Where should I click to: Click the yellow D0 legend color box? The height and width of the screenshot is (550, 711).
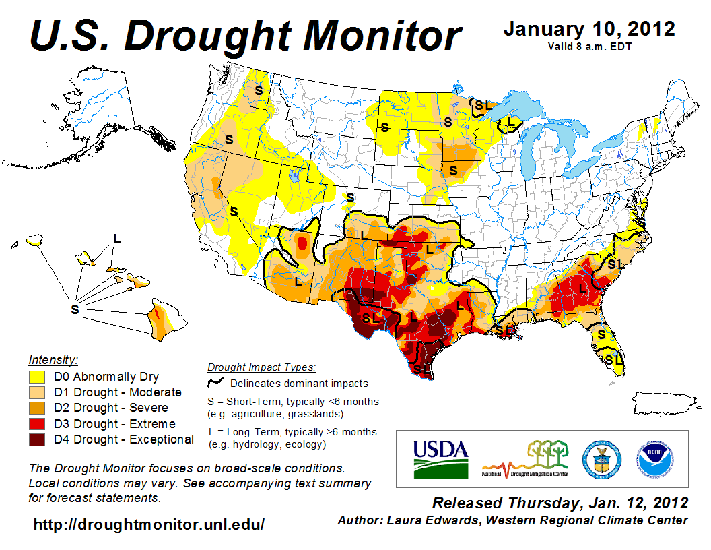(x=37, y=376)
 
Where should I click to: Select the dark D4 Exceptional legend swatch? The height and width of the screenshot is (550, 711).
(x=37, y=439)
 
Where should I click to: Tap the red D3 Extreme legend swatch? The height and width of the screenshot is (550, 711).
(x=37, y=424)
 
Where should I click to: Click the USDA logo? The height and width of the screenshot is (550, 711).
(x=440, y=458)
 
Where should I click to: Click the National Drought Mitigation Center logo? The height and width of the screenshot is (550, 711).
(x=526, y=458)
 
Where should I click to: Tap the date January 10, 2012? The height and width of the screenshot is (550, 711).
(x=589, y=29)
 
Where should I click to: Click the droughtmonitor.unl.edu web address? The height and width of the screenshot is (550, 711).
(x=149, y=524)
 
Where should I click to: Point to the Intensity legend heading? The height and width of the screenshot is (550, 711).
(x=53, y=360)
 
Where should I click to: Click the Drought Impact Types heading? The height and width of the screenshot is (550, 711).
(x=261, y=367)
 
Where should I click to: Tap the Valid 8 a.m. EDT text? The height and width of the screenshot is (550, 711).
(x=590, y=46)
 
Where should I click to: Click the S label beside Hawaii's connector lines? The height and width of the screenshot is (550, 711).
(x=75, y=309)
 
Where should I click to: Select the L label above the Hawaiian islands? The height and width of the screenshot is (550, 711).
(x=117, y=238)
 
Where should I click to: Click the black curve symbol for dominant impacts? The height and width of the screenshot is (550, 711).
(x=215, y=383)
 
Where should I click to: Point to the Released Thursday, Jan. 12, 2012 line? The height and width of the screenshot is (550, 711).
(x=560, y=503)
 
